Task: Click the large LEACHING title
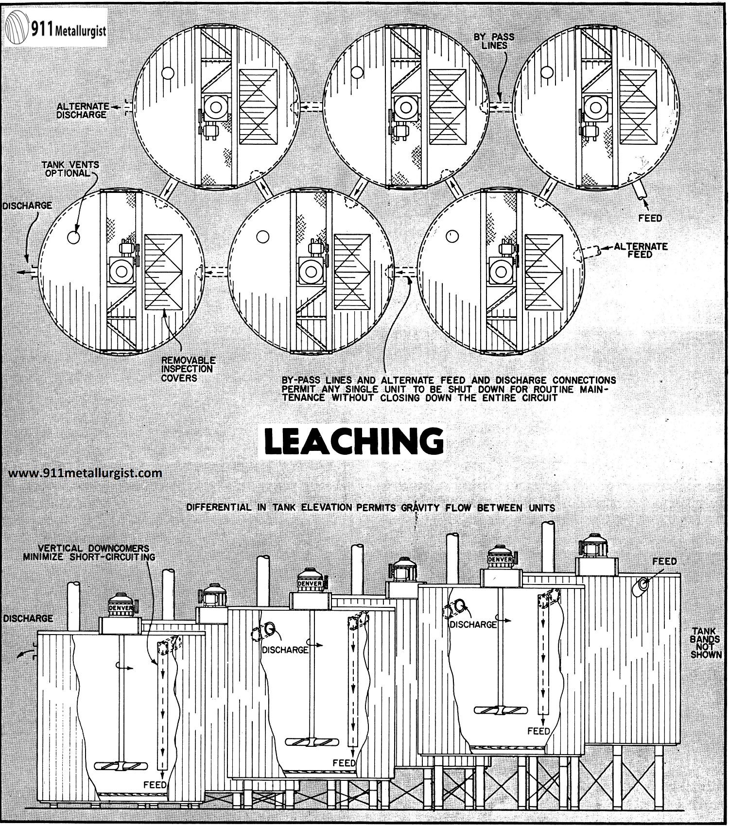click(x=354, y=442)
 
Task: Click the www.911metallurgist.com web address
click(x=86, y=472)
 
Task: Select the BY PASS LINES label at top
click(x=494, y=41)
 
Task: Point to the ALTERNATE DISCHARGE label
click(x=82, y=110)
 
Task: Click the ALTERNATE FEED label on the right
click(x=640, y=250)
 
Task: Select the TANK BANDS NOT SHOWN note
click(x=706, y=643)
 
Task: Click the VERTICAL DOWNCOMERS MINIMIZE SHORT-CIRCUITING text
click(x=89, y=552)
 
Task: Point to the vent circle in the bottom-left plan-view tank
click(x=73, y=237)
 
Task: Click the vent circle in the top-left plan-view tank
click(x=168, y=73)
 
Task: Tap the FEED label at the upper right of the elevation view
click(x=664, y=561)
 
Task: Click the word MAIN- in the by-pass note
click(x=597, y=389)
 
